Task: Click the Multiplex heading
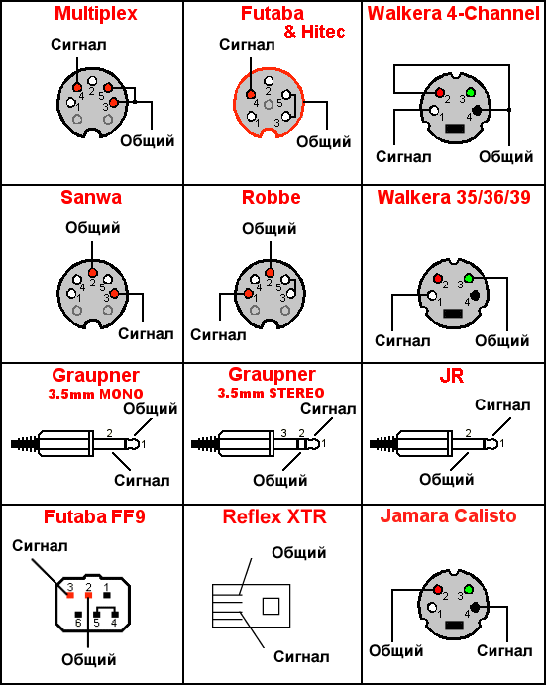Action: [x=95, y=14]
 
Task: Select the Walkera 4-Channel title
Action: [x=453, y=14]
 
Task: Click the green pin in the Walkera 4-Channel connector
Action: [x=470, y=92]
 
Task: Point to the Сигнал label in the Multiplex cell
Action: [x=76, y=45]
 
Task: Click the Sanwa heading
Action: [x=90, y=197]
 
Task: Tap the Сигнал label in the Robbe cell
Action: [x=218, y=333]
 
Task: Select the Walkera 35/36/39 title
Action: [x=453, y=197]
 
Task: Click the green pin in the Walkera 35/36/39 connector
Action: [x=470, y=277]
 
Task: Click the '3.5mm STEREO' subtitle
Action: [x=272, y=394]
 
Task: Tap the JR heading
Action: [x=453, y=378]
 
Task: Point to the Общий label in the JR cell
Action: [x=446, y=480]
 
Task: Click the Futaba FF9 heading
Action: [x=91, y=516]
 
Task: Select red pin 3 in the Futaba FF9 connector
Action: [x=69, y=595]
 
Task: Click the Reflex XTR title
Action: [x=274, y=516]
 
